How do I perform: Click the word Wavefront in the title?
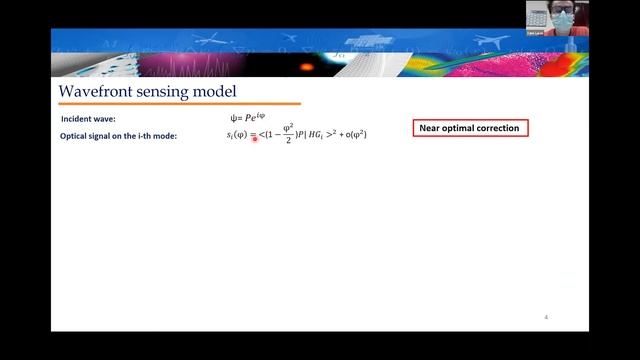[x=95, y=91]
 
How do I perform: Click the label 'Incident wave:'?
[x=88, y=119]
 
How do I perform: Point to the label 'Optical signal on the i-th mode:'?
[x=119, y=135]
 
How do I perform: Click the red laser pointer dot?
[x=255, y=139]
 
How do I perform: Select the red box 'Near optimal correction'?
[x=470, y=129]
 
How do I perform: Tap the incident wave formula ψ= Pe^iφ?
[x=248, y=119]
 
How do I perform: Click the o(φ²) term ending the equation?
[x=355, y=135]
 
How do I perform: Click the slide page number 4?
[x=546, y=317]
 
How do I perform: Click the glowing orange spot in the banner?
[x=304, y=68]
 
